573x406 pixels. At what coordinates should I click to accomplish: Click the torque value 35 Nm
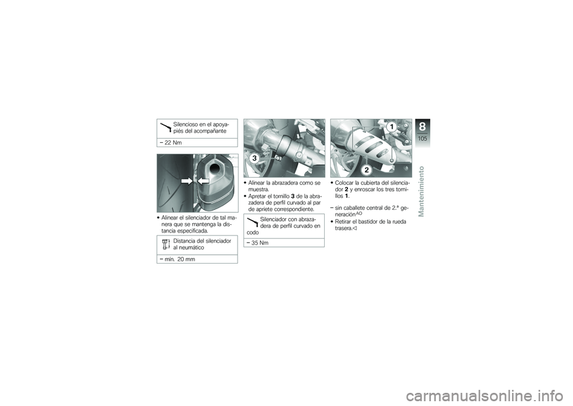click(x=260, y=243)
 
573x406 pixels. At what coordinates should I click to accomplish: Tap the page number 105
click(x=423, y=139)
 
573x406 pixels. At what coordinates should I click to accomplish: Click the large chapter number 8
click(x=423, y=127)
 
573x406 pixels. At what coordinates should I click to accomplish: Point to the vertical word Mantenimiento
click(x=421, y=191)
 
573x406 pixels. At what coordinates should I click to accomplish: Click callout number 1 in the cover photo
click(x=392, y=127)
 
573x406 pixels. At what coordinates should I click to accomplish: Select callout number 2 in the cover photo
click(x=366, y=169)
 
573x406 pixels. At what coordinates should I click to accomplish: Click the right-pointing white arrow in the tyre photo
click(x=187, y=181)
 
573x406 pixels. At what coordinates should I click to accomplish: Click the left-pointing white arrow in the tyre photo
click(x=203, y=181)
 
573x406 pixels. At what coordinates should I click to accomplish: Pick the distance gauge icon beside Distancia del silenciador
click(x=165, y=244)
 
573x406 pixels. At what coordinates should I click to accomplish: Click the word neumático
click(x=192, y=248)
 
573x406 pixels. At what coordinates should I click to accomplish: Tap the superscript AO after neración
click(x=359, y=213)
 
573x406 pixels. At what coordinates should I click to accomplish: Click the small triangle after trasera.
click(x=355, y=228)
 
